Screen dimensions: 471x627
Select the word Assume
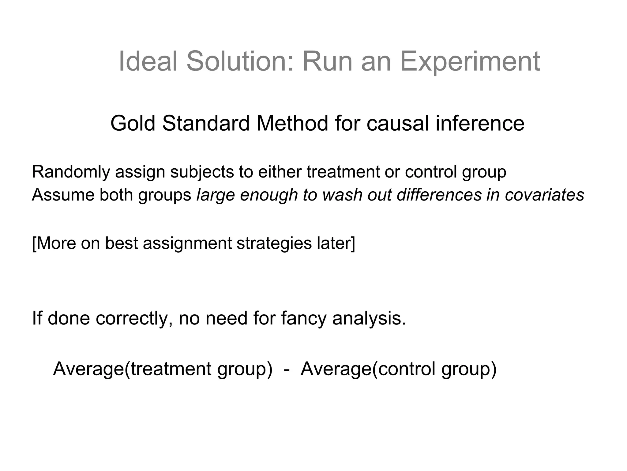pyautogui.click(x=63, y=195)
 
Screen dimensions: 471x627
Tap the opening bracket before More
pyautogui.click(x=34, y=243)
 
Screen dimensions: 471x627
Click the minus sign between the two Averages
pyautogui.click(x=287, y=369)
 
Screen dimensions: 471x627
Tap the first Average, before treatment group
pyautogui.click(x=88, y=369)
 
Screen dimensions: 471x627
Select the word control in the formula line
pyautogui.click(x=407, y=369)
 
